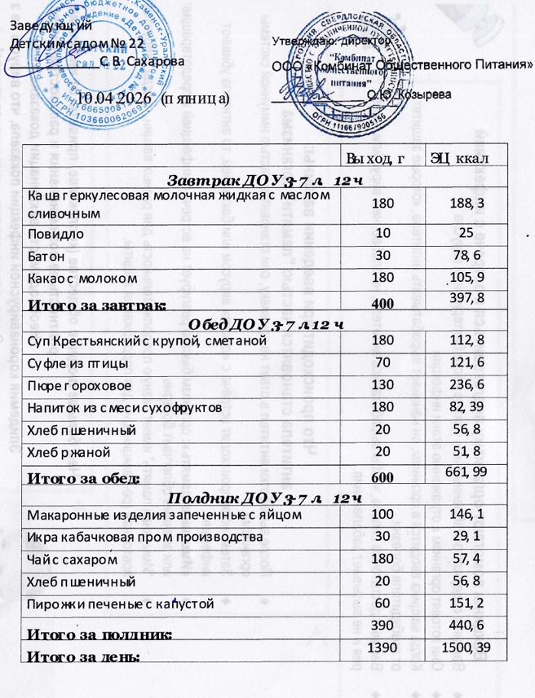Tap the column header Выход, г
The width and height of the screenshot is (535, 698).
[375, 157]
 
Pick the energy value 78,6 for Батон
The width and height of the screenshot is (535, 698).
[461, 257]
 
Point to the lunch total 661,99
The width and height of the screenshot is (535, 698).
[461, 475]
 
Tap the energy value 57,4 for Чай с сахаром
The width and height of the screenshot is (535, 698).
[461, 560]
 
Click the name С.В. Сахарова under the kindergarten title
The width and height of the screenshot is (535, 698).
[143, 61]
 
